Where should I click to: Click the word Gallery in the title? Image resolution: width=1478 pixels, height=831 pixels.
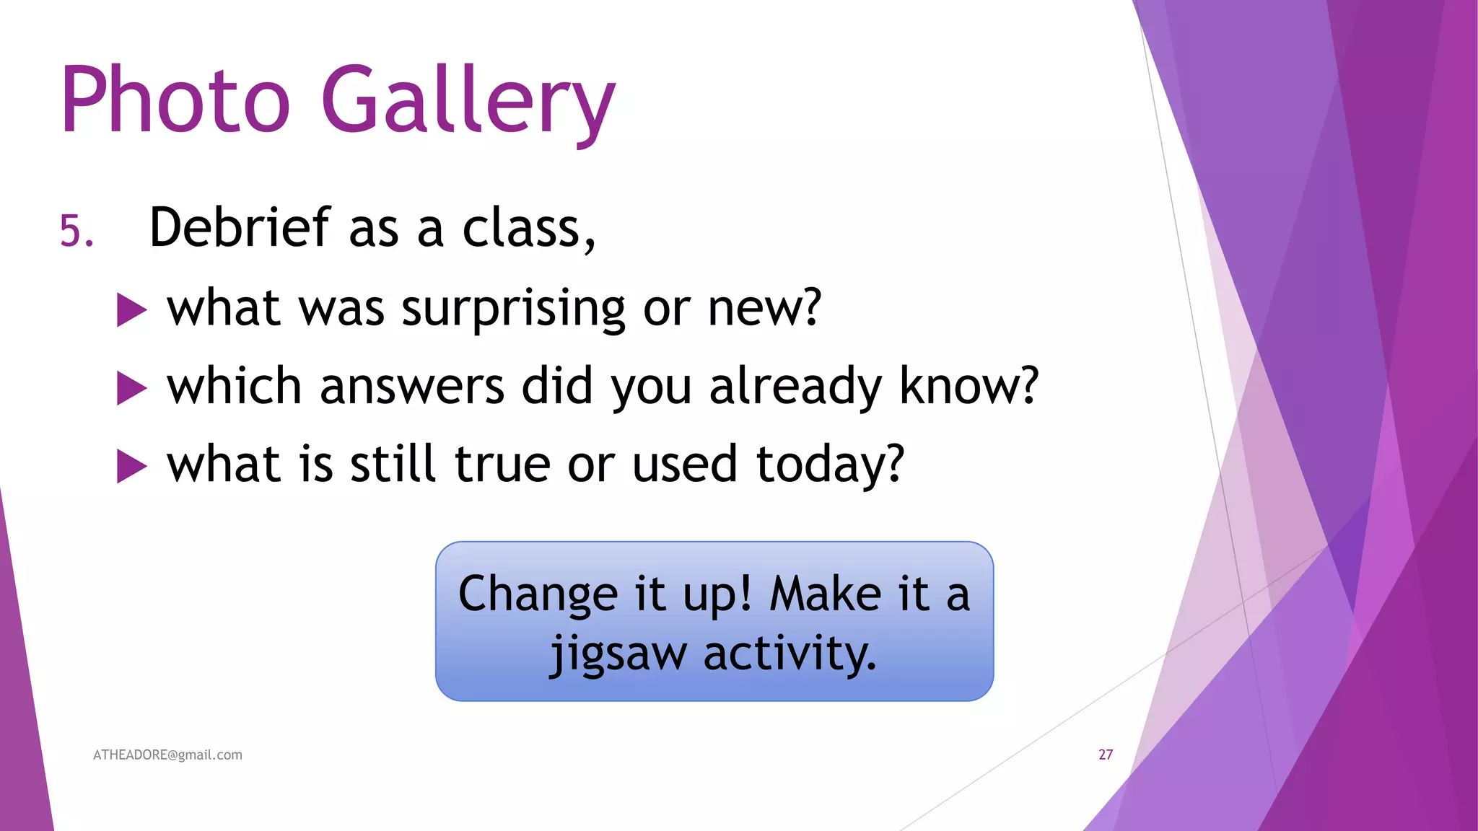(x=468, y=101)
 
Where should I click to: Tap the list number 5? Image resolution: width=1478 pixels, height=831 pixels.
(x=76, y=232)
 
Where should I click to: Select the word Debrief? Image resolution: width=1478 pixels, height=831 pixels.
(x=240, y=228)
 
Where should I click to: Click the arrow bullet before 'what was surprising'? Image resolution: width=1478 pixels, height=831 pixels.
(x=131, y=310)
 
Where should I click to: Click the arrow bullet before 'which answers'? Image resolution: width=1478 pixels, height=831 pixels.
(x=131, y=388)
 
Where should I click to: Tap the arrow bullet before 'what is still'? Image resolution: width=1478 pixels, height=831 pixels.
(x=131, y=466)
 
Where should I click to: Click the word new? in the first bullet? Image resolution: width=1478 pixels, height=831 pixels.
(x=764, y=309)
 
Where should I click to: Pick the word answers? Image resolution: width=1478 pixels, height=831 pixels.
(x=411, y=386)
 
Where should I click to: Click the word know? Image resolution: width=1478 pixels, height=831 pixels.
(x=969, y=386)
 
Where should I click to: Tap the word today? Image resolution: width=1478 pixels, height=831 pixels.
(x=830, y=465)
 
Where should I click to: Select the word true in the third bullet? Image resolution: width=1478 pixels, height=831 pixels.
(x=503, y=464)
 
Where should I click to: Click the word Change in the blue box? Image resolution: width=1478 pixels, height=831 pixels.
(x=538, y=595)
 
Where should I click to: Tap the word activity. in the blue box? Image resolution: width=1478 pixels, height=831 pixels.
(x=790, y=654)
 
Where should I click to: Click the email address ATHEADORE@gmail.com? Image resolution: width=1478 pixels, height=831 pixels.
(x=167, y=755)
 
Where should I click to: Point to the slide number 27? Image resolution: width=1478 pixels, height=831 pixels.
(x=1106, y=755)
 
